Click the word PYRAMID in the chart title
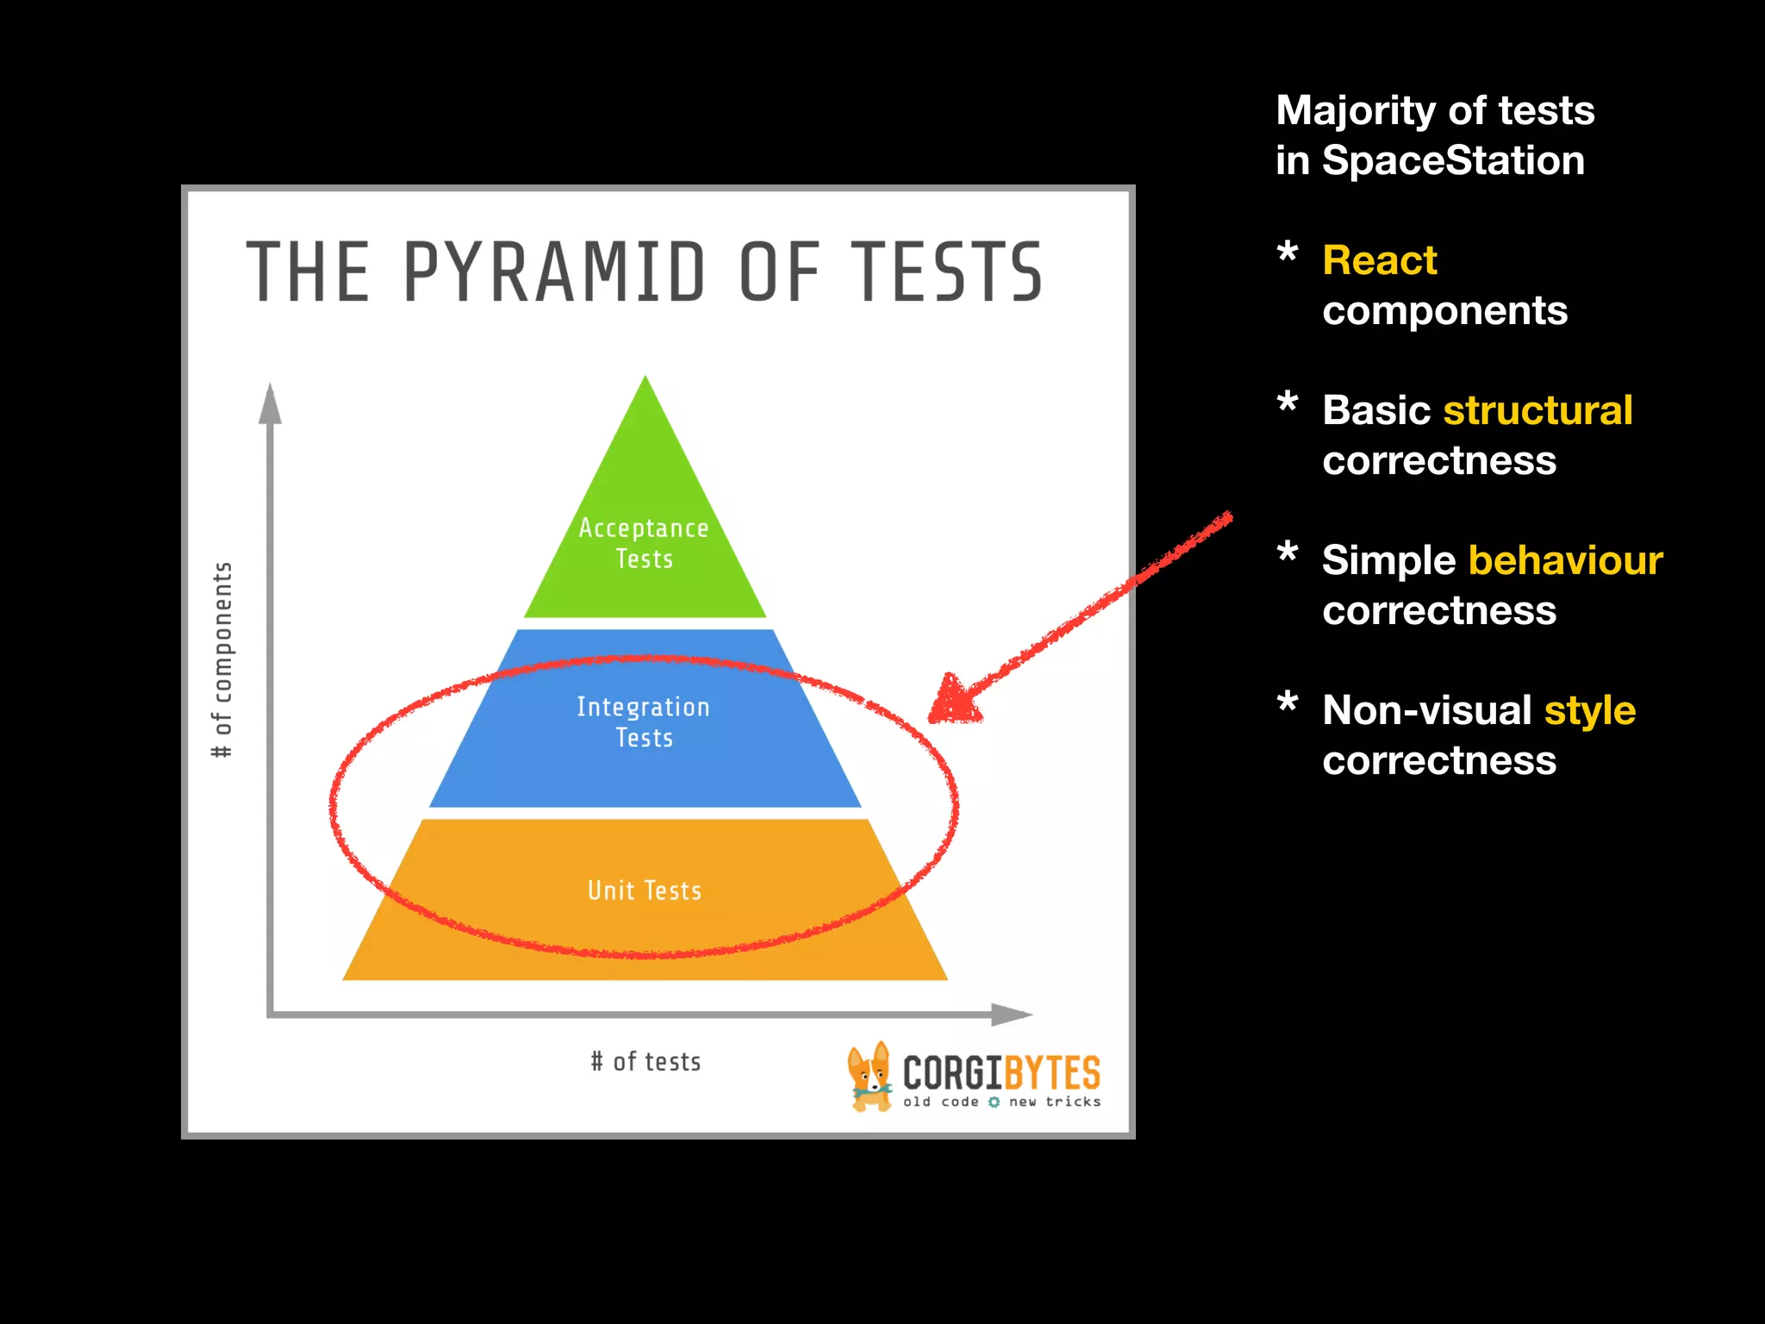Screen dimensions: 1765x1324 [x=554, y=272]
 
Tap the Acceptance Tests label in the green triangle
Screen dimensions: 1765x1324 [x=644, y=543]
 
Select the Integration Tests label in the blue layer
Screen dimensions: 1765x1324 [x=644, y=722]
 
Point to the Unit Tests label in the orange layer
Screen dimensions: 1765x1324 [x=645, y=890]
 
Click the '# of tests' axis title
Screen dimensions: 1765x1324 [x=646, y=1062]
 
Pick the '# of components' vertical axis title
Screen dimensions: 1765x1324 [x=222, y=660]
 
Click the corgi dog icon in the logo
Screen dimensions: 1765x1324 [x=869, y=1077]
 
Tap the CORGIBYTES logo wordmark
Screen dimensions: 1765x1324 [x=1001, y=1073]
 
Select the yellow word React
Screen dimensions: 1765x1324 [x=1380, y=260]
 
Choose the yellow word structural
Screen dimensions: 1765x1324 [x=1537, y=410]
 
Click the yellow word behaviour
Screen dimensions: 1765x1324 [x=1566, y=560]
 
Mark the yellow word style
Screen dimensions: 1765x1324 [x=1589, y=711]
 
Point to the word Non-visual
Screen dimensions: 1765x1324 [x=1427, y=710]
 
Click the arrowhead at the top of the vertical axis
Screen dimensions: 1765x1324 [x=271, y=403]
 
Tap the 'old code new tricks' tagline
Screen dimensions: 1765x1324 [x=1002, y=1102]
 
